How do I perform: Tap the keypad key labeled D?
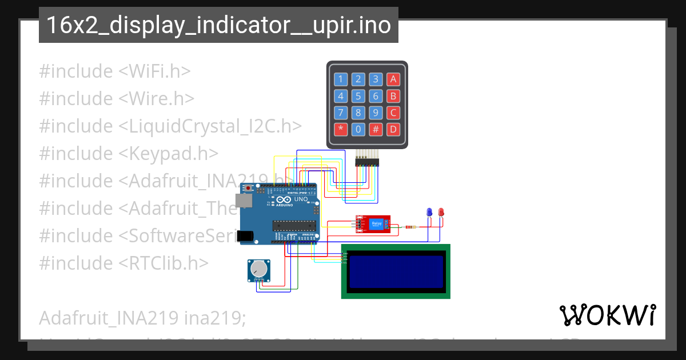(393, 129)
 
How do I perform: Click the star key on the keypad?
(341, 129)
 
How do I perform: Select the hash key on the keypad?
(376, 129)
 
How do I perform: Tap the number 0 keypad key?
(358, 129)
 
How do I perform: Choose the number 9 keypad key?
(376, 113)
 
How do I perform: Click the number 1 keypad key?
(341, 79)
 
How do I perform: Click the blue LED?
(429, 213)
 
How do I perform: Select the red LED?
(441, 213)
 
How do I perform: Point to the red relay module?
(373, 223)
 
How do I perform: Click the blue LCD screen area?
(396, 271)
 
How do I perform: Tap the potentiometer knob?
(259, 268)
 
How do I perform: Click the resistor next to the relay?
(410, 227)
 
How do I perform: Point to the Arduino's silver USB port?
(245, 201)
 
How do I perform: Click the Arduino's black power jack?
(246, 235)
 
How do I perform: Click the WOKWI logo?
(607, 315)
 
